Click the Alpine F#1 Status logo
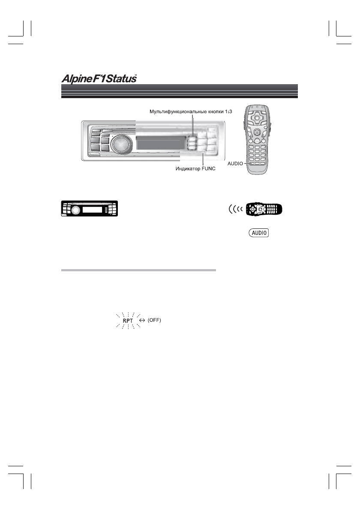click(98, 79)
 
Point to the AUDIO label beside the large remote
click(235, 163)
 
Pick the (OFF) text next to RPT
click(154, 321)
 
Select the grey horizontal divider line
click(138, 270)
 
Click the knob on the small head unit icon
click(76, 210)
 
